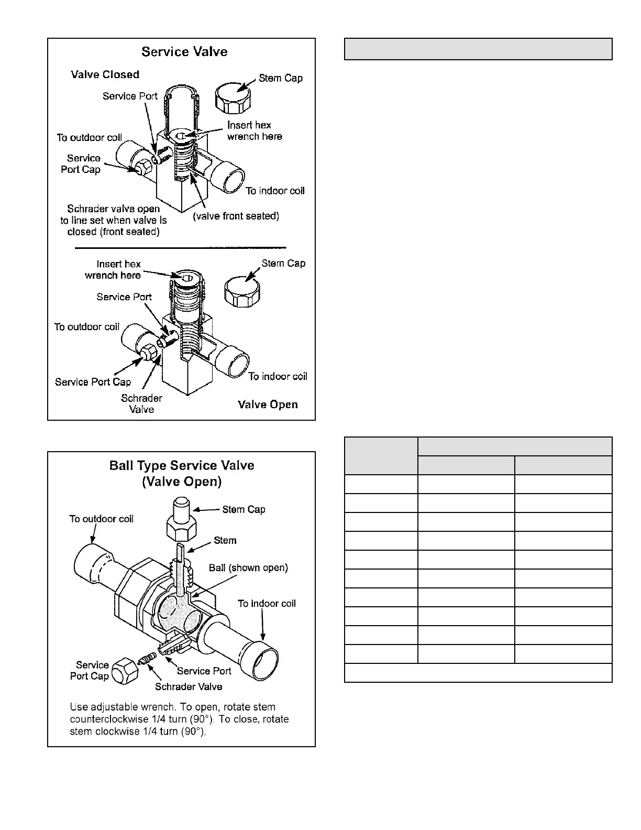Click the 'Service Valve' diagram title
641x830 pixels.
click(x=184, y=52)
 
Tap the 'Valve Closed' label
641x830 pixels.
click(x=105, y=74)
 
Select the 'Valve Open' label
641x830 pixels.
click(x=268, y=405)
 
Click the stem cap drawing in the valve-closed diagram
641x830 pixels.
click(x=233, y=98)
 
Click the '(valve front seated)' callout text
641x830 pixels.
click(x=236, y=216)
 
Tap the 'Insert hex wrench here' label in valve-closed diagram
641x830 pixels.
click(x=254, y=130)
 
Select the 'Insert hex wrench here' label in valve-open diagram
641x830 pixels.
click(x=113, y=269)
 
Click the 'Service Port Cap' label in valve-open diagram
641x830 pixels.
click(x=93, y=382)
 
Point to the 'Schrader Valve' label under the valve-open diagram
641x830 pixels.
click(x=141, y=403)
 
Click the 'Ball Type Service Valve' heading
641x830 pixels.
click(x=182, y=466)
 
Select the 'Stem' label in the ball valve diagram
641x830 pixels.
click(x=225, y=540)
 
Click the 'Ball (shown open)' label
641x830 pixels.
click(x=248, y=567)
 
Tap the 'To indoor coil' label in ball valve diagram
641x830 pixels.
click(x=267, y=604)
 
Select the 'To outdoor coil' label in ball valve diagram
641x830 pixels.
click(x=101, y=519)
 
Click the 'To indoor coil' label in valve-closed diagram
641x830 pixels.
click(x=275, y=191)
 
